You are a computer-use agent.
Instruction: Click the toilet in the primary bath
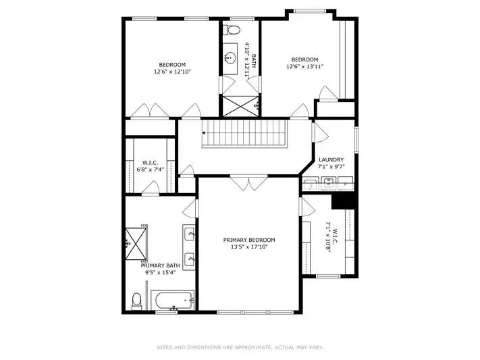point(136,301)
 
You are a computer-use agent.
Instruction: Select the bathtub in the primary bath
point(173,301)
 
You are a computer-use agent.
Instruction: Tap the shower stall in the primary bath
point(136,244)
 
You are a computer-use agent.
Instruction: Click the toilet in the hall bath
point(232,30)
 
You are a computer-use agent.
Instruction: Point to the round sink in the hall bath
point(230,57)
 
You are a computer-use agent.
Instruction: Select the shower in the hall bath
point(240,106)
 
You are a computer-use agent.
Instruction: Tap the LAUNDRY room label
point(331,159)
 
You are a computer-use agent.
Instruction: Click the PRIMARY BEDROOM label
point(249,240)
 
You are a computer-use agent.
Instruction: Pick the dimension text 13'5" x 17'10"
point(249,247)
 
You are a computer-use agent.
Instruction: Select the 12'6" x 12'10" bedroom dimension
point(172,72)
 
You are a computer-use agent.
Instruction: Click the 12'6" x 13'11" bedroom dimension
point(304,66)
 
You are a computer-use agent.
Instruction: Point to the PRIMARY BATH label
point(160,265)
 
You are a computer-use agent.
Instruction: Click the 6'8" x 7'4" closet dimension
point(151,169)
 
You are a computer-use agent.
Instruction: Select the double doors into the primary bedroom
point(249,183)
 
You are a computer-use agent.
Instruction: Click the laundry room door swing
point(321,132)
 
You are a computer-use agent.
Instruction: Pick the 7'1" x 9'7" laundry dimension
point(331,167)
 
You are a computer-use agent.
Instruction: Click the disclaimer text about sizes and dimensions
point(240,347)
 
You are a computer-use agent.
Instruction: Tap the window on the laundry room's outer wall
point(356,140)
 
